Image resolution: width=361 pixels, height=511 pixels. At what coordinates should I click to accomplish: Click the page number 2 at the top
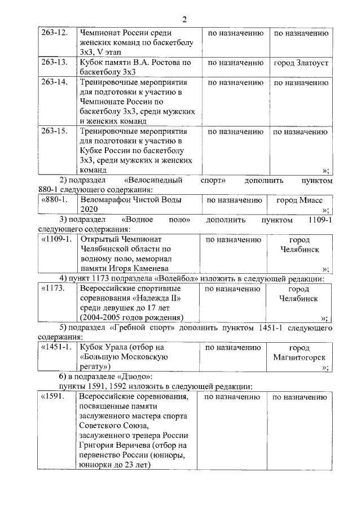[x=184, y=19]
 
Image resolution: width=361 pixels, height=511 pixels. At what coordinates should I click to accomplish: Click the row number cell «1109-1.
[x=57, y=239]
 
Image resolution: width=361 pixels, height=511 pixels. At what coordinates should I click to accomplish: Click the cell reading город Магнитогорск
[x=300, y=353]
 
